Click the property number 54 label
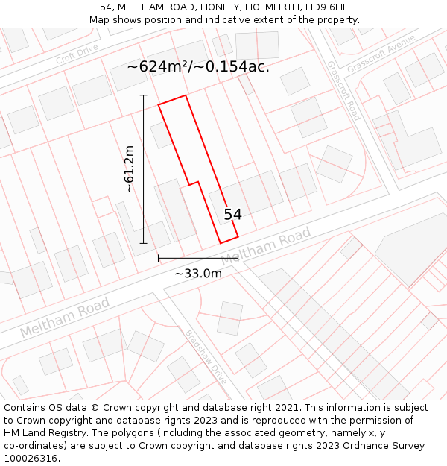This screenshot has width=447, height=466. [x=232, y=215]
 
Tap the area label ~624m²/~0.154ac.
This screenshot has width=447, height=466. [x=198, y=66]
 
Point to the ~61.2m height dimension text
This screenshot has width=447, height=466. [x=130, y=169]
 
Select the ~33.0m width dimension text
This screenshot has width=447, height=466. [x=198, y=273]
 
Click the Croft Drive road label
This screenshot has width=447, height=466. [x=77, y=54]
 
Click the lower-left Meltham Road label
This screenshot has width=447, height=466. [x=65, y=317]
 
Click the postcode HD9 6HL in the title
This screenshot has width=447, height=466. [x=327, y=7]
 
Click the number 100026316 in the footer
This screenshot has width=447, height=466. [x=31, y=459]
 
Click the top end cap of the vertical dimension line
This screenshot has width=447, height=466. [x=143, y=95]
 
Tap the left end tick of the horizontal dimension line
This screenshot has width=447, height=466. [x=159, y=258]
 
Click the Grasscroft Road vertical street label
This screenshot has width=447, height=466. [x=343, y=90]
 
